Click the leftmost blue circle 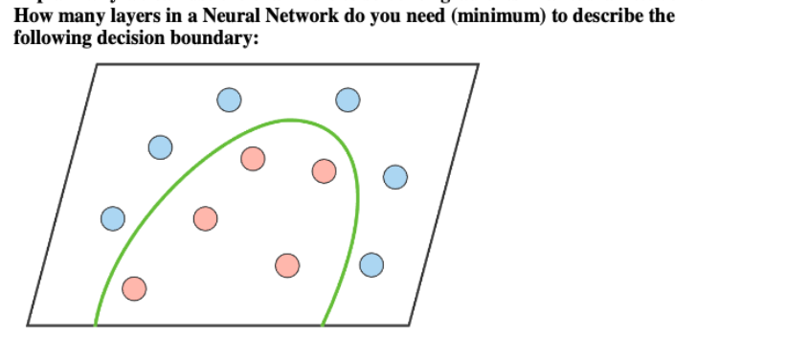[x=113, y=218]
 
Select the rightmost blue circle [x=394, y=176]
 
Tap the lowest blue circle [x=371, y=264]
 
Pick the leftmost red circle [x=135, y=287]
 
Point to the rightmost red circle [x=324, y=170]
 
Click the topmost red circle [x=253, y=158]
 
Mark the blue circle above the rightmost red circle [x=348, y=100]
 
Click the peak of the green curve [x=289, y=120]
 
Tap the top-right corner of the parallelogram [x=478, y=64]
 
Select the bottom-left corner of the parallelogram [x=28, y=325]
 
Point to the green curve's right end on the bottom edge [x=323, y=325]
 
